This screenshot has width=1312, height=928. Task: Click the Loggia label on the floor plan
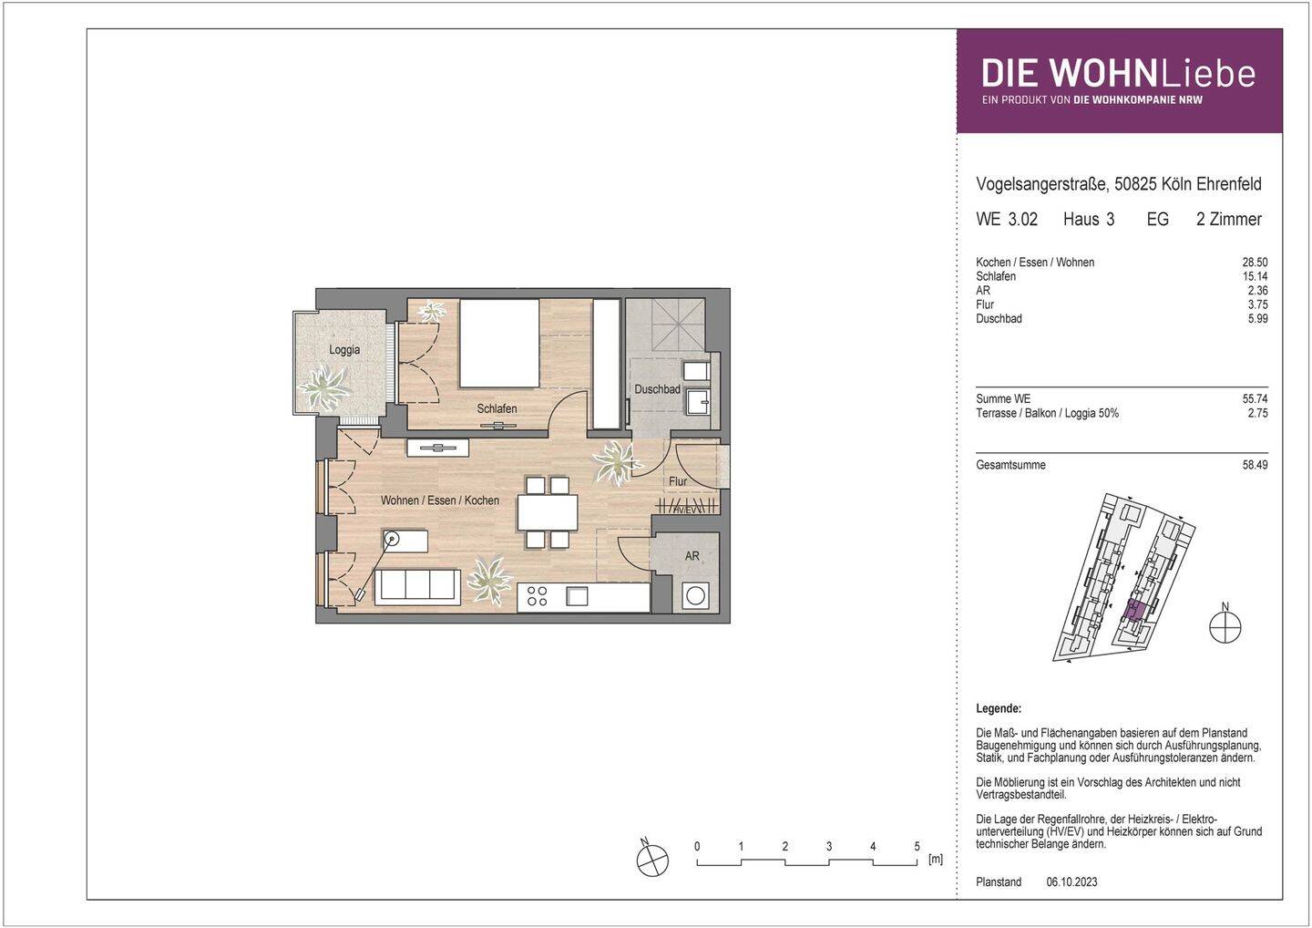(x=343, y=350)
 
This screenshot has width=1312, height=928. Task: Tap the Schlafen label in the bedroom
(x=497, y=408)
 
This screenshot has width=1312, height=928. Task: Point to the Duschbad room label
(x=657, y=389)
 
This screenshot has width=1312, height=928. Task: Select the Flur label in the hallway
(x=678, y=481)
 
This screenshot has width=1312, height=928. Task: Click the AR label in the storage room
(x=692, y=555)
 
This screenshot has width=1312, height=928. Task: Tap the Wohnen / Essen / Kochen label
(x=440, y=500)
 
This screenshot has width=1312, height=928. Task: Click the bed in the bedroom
(x=499, y=344)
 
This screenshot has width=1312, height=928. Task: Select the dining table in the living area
(x=548, y=513)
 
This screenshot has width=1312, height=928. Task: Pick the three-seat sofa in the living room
(x=417, y=586)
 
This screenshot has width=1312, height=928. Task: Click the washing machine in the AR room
(x=695, y=596)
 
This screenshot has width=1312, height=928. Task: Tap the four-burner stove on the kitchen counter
(x=538, y=596)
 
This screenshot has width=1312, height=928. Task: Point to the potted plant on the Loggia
(x=324, y=387)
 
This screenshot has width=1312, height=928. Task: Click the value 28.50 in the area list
(x=1255, y=263)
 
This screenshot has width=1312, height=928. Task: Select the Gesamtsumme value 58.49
(x=1255, y=465)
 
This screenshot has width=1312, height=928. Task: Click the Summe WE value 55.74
(x=1255, y=399)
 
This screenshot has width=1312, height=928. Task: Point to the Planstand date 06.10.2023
(x=1071, y=882)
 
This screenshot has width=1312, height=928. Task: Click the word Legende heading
(x=999, y=708)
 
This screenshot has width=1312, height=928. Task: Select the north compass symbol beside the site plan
(x=1225, y=627)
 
